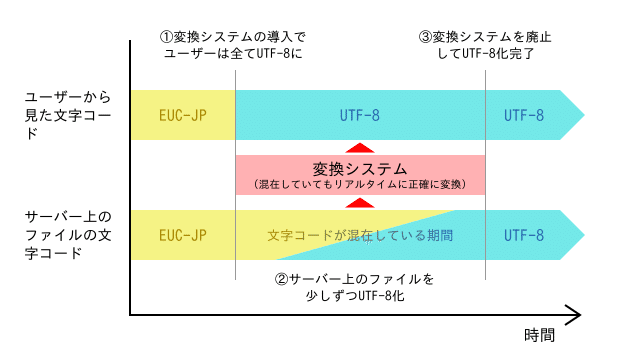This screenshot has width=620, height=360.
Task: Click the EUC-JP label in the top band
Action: point(182,116)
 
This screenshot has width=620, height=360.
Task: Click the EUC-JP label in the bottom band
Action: point(182,236)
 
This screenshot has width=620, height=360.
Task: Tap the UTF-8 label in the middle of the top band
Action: point(360,116)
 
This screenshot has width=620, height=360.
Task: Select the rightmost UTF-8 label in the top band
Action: point(524,116)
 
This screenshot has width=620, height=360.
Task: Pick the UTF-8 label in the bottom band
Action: point(524,236)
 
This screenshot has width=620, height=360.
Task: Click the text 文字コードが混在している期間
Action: point(361,236)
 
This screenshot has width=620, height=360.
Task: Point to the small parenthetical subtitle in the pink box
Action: point(360,184)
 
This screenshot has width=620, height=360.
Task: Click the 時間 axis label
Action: point(539,336)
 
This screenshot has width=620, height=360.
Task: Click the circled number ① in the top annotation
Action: point(167,36)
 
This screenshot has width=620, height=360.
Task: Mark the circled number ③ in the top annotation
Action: point(425,36)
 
